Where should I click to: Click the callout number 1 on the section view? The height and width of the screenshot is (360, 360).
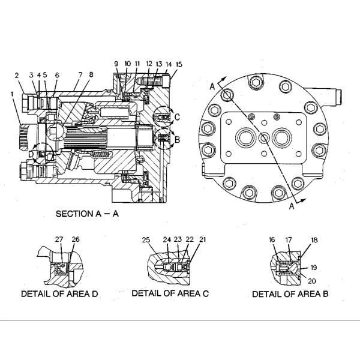tap(11, 94)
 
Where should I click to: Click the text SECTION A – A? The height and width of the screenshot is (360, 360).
tap(87, 214)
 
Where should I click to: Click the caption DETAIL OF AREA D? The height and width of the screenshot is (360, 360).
tap(59, 294)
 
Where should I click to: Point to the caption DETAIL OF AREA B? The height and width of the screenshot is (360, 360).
tap(290, 294)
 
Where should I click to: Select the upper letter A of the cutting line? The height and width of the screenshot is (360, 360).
tap(212, 86)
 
